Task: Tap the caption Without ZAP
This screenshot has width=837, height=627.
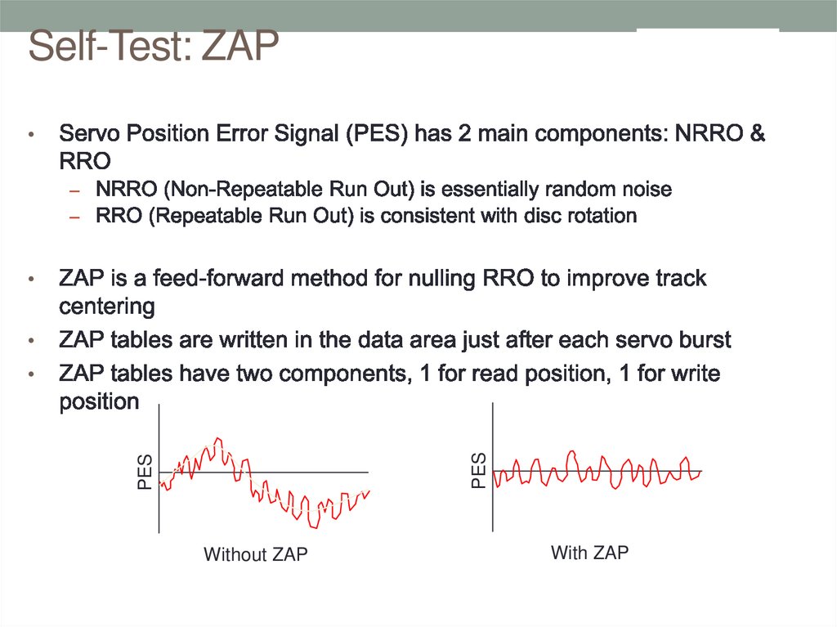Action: [255, 555]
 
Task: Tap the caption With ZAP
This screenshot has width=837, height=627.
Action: [589, 553]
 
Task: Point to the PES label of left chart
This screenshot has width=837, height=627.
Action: [145, 472]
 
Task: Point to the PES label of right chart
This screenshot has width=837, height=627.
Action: [479, 472]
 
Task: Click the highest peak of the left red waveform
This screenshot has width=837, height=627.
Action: [218, 439]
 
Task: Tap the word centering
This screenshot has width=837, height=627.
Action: [107, 307]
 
